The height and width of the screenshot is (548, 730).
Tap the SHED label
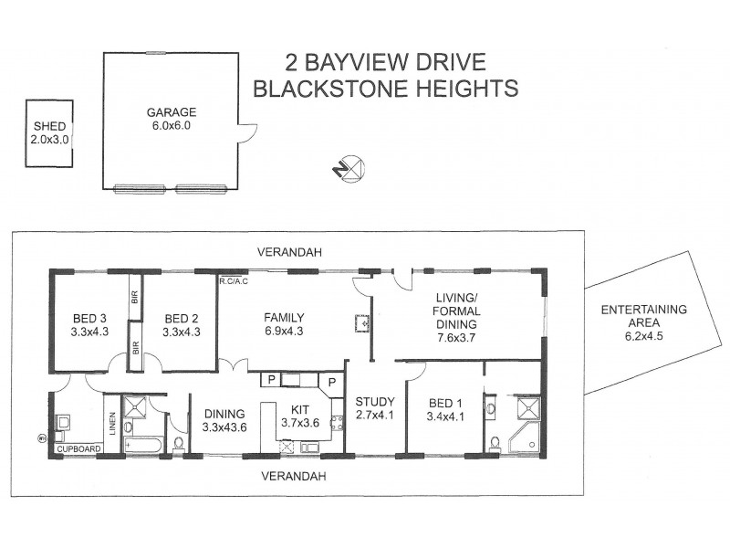pyautogui.click(x=50, y=127)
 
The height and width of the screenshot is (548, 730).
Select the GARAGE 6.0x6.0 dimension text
pyautogui.click(x=172, y=126)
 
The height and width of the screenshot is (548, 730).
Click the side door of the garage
pyautogui.click(x=244, y=134)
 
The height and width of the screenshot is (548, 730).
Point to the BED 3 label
pyautogui.click(x=89, y=318)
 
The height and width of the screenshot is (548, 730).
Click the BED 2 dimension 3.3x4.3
pyautogui.click(x=182, y=332)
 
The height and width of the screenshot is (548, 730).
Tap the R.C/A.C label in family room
pyautogui.click(x=234, y=281)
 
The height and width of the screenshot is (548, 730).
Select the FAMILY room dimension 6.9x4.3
pyautogui.click(x=283, y=332)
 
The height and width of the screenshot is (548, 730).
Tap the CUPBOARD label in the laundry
pyautogui.click(x=78, y=448)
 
